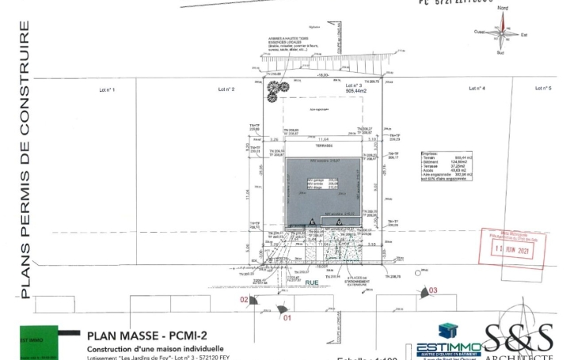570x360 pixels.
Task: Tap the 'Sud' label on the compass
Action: (501, 53)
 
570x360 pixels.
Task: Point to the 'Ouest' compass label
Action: (480, 32)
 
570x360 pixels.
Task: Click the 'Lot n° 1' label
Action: (107, 90)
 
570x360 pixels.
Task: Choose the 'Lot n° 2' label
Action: (226, 89)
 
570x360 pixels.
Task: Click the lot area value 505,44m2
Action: (356, 91)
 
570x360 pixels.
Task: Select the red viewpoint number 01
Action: (287, 317)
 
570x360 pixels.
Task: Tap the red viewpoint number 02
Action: (245, 299)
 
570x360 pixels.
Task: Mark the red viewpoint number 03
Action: (432, 291)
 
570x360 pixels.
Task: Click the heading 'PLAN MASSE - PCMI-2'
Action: (141, 335)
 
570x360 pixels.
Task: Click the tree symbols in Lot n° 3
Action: (275, 90)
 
